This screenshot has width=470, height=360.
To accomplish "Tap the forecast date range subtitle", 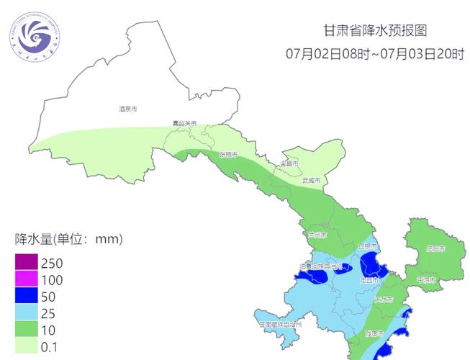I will coord(374,54).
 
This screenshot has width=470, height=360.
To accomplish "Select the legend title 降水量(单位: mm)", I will coord(68,238).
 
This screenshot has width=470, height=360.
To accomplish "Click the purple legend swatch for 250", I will coord(27,263).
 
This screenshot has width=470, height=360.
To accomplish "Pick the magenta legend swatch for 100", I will coord(27,279).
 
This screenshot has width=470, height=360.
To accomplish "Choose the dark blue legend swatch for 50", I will coord(27,296).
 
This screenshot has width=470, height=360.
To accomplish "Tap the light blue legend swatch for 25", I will coord(27,312).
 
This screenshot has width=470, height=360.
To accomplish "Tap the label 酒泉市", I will coord(127,109).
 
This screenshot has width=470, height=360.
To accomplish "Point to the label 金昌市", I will coord(289,163).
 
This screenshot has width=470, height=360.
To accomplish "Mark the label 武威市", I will coord(312,180).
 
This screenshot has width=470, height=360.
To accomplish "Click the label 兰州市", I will coord(317,235).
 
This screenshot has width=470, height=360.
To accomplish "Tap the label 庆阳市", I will coord(435,248).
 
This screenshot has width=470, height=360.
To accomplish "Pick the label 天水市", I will coord(384,300).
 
